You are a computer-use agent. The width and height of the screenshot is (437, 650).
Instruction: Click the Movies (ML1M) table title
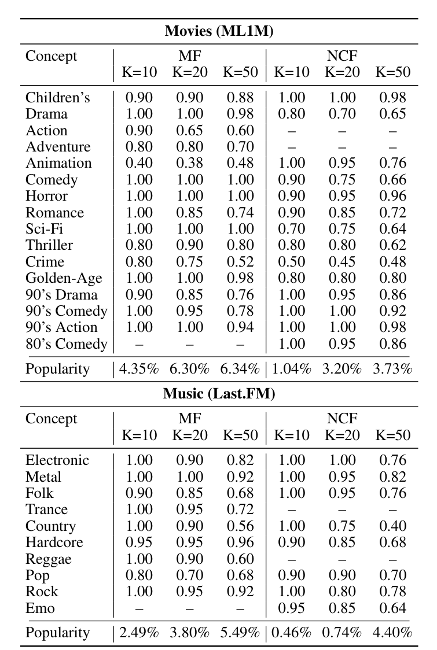pyautogui.click(x=219, y=31)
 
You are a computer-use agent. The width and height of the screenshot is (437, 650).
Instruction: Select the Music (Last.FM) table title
pyautogui.click(x=219, y=394)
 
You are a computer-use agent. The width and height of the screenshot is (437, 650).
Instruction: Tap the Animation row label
pyautogui.click(x=58, y=163)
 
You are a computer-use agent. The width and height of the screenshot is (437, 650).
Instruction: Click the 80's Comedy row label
pyautogui.click(x=67, y=344)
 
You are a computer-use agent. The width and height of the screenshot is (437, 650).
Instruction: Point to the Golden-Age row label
pyautogui.click(x=64, y=278)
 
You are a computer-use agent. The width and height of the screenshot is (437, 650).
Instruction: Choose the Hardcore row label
pyautogui.click(x=54, y=542)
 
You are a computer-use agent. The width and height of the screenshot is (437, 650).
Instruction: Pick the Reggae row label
pyautogui.click(x=49, y=559)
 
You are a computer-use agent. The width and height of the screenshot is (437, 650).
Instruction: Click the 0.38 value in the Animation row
pyautogui.click(x=189, y=163)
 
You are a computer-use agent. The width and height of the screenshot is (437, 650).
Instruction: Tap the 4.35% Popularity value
pyautogui.click(x=139, y=369)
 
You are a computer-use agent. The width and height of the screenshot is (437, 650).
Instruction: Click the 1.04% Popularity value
pyautogui.click(x=291, y=369)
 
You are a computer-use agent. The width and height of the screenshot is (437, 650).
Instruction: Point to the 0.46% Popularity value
pyautogui.click(x=291, y=633)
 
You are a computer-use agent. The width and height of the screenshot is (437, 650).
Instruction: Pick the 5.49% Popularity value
pyautogui.click(x=240, y=633)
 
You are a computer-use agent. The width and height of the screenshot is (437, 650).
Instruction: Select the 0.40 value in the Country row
pyautogui.click(x=393, y=526)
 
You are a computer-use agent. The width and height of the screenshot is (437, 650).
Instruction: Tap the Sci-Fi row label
pyautogui.click(x=45, y=229)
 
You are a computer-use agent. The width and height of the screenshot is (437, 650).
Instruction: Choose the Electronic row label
pyautogui.click(x=57, y=460)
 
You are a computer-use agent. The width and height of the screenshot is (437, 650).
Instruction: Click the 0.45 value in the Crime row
pyautogui.click(x=342, y=262)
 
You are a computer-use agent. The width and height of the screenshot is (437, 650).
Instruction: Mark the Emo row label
pyautogui.click(x=40, y=608)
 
